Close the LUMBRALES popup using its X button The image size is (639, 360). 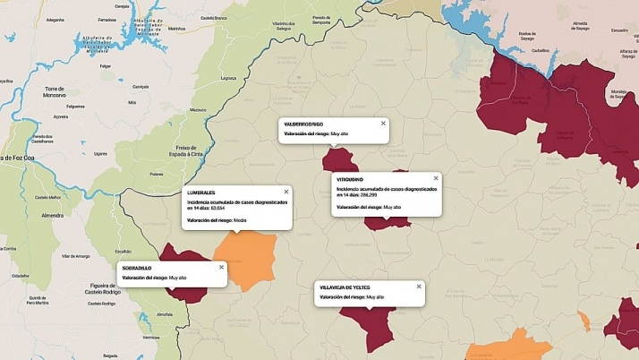[x=286, y=192]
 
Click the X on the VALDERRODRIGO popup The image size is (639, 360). [x=383, y=124]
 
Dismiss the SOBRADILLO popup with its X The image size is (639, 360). [x=221, y=267]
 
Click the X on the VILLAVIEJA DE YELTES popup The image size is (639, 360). [x=418, y=287]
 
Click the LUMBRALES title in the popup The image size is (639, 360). [x=201, y=193]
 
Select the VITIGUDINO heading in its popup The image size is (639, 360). [x=350, y=180]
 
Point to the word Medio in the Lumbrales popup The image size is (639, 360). [x=240, y=219]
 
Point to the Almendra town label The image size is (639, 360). [x=52, y=216]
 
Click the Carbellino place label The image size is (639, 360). [x=539, y=51]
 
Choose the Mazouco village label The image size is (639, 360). [x=199, y=109]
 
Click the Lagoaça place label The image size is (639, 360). [x=228, y=78]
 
